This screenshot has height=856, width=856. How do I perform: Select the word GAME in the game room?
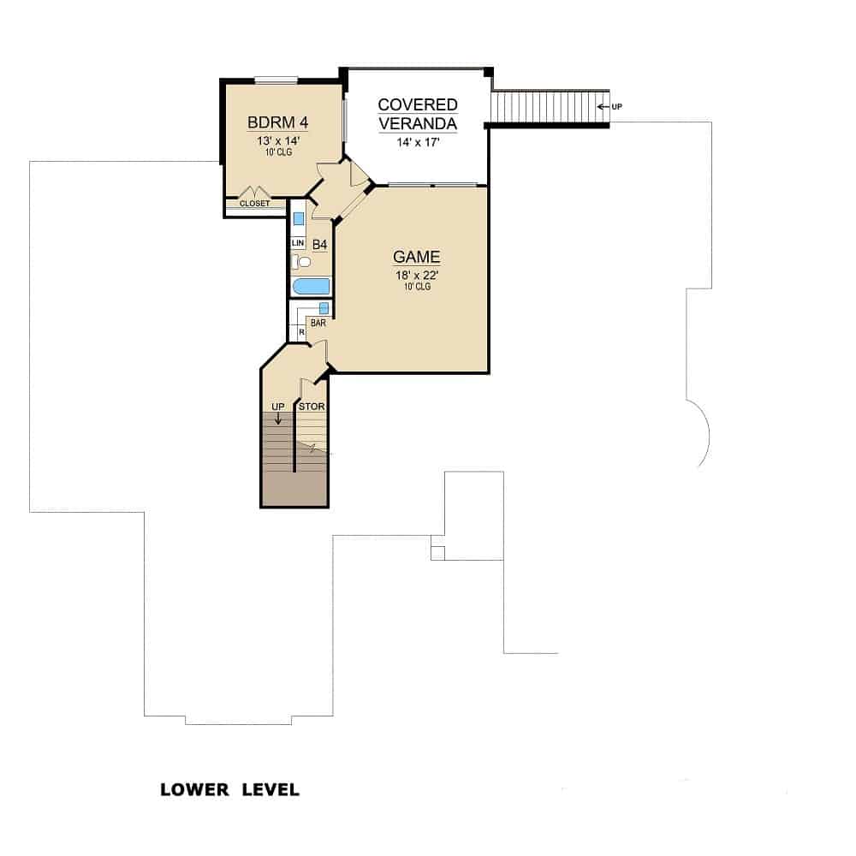pos(416,257)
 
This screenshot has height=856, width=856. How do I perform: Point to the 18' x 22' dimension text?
pos(416,274)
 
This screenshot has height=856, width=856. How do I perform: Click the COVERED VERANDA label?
pos(418,114)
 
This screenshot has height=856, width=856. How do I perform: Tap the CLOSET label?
pos(254,204)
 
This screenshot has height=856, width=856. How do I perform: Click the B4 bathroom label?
pos(319,245)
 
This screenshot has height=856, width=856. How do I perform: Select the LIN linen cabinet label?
pos(298,243)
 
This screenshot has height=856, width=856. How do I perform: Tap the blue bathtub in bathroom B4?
pos(311,287)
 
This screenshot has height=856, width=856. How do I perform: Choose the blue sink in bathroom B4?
pos(299,218)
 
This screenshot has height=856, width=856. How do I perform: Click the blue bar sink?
pos(324,308)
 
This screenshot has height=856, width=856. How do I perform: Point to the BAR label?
pos(318,324)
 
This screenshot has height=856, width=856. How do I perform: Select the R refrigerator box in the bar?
pos(301,331)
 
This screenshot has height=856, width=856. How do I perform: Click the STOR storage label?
pos(312,406)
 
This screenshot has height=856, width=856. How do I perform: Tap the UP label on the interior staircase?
pos(277,406)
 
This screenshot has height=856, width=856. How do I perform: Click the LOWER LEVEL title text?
pos(229,789)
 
